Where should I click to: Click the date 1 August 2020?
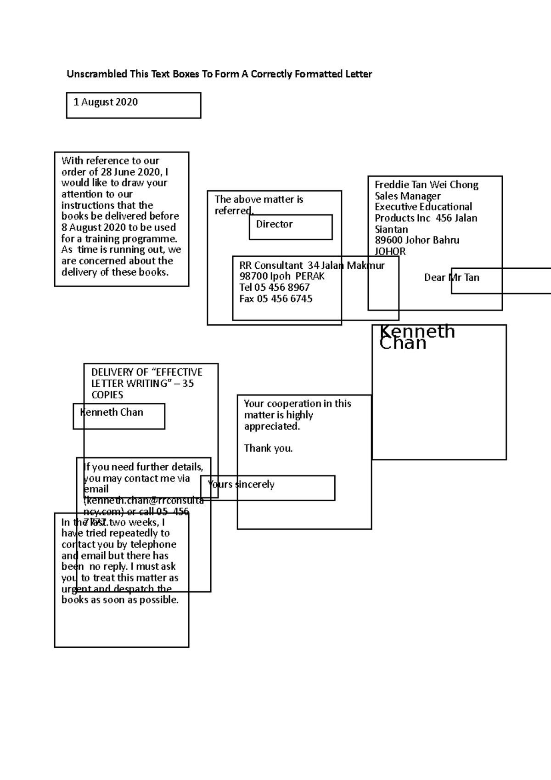click(x=106, y=102)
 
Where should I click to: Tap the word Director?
click(x=274, y=224)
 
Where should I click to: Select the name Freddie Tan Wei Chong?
click(x=426, y=185)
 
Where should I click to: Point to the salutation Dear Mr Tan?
click(x=451, y=277)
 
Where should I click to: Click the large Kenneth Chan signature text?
click(x=416, y=337)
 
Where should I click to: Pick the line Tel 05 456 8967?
click(x=274, y=288)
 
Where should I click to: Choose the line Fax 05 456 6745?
click(x=275, y=299)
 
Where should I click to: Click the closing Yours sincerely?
click(x=241, y=485)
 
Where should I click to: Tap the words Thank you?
click(x=268, y=448)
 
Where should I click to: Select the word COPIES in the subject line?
click(x=107, y=395)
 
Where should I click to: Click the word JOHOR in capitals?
click(x=390, y=252)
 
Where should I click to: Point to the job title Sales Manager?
click(x=407, y=196)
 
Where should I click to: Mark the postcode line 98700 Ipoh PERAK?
click(x=281, y=277)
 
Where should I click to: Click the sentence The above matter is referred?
click(x=259, y=205)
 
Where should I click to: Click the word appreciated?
click(x=271, y=426)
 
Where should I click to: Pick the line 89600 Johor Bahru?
click(x=416, y=240)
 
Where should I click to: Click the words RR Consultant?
click(x=271, y=266)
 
